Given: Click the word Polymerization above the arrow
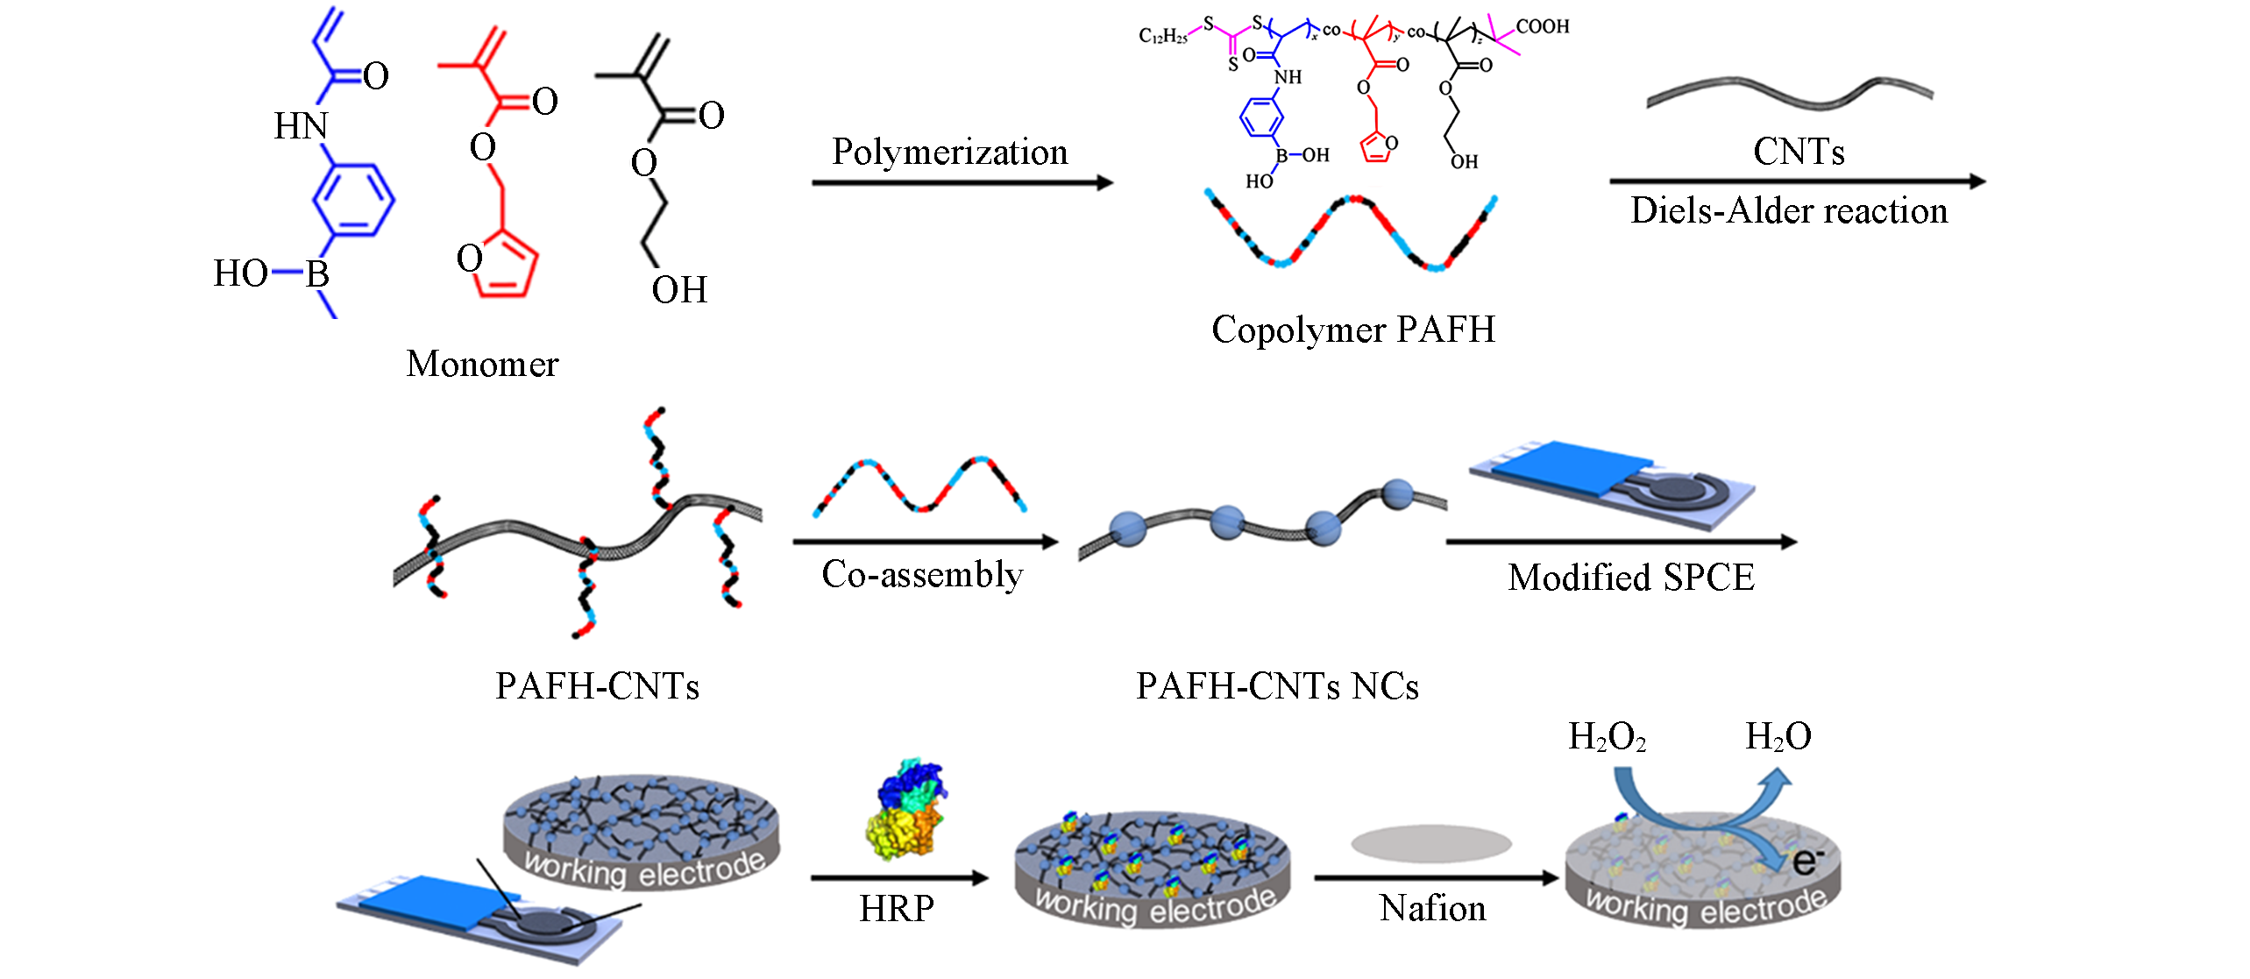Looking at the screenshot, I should click(x=949, y=153).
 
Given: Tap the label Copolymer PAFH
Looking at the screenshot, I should click(x=1352, y=330).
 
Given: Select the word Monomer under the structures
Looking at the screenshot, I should click(x=482, y=364).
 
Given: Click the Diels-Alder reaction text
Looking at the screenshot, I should click(x=1788, y=211).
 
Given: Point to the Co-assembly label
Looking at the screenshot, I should click(x=922, y=575).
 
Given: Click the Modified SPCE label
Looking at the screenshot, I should click(x=1630, y=578).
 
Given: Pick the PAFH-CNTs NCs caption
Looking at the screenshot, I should click(x=1277, y=686).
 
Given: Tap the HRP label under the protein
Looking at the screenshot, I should click(x=896, y=909).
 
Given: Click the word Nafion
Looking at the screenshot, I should click(x=1432, y=908).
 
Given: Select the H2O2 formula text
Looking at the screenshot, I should click(x=1606, y=737).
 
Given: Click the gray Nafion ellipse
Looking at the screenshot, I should click(x=1430, y=844).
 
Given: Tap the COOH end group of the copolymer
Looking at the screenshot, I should click(x=1542, y=26).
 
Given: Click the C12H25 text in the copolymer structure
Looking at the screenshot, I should click(x=1162, y=36).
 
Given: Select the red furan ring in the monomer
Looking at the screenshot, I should click(x=506, y=265).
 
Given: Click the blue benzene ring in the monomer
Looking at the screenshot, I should click(x=354, y=200).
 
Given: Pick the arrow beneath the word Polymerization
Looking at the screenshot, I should click(x=962, y=182).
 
